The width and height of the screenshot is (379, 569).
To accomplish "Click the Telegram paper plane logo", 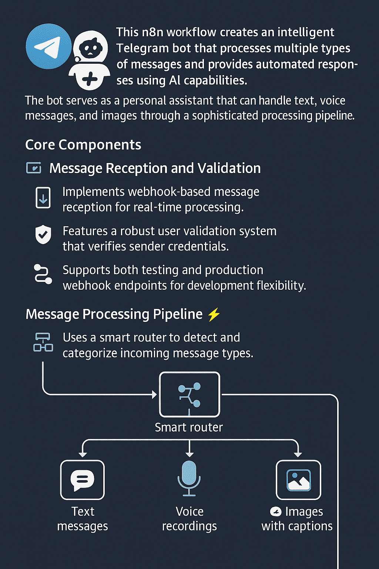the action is (x=48, y=46).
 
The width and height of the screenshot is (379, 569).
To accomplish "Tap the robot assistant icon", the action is (x=89, y=60).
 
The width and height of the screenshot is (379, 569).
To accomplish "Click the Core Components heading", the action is (x=83, y=145).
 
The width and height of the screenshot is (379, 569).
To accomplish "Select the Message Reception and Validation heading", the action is (x=155, y=168).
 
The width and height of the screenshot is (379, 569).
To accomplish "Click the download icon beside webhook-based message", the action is (x=43, y=197).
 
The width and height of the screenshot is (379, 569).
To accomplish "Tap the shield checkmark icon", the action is (x=43, y=234).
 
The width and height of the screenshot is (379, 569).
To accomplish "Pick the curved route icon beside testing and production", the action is (x=43, y=274).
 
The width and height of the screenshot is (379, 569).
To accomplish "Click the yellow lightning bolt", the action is (x=214, y=315).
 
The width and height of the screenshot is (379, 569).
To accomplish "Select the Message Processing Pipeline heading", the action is (x=114, y=314).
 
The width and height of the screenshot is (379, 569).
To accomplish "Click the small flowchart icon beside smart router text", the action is (x=43, y=342).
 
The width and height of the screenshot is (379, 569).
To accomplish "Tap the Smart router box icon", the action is (x=189, y=394).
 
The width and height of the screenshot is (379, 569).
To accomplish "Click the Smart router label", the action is (x=189, y=427).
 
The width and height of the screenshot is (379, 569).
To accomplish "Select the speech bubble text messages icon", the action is (x=82, y=480).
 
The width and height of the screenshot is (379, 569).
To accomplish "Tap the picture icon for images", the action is (x=299, y=480).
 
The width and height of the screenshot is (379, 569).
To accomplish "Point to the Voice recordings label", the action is (x=189, y=519).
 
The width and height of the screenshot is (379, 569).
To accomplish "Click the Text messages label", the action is (x=83, y=519).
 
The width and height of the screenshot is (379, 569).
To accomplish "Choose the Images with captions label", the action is (x=297, y=519).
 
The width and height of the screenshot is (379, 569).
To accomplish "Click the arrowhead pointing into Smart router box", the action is (x=154, y=395).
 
